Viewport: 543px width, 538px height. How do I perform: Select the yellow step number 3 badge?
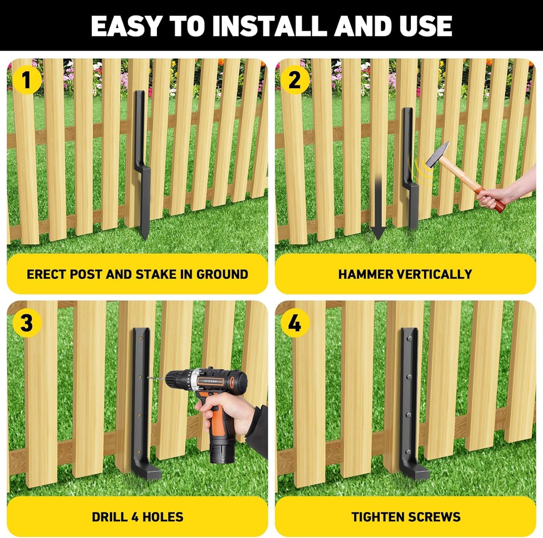point(26,322)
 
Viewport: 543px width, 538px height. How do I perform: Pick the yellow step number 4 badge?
point(295,322)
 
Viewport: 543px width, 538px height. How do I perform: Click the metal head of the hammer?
point(437,154)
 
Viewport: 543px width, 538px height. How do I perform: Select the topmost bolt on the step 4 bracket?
point(409,339)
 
